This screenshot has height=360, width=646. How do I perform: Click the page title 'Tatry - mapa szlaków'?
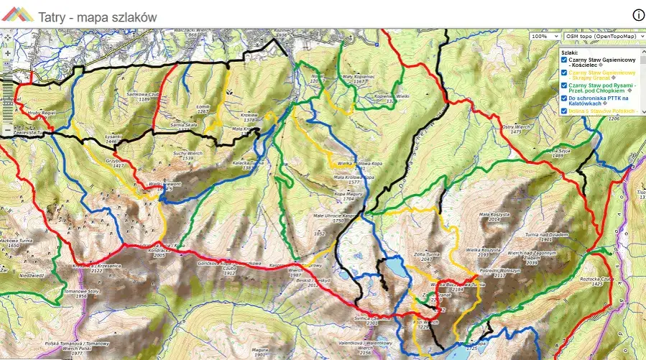(x=97, y=16)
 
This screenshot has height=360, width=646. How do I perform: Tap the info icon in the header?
(x=638, y=15)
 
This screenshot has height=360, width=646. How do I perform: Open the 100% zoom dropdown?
(x=545, y=36)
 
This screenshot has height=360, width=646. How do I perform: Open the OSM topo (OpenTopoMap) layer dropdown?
(x=604, y=36)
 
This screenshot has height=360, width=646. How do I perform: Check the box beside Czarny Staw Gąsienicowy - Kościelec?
(x=564, y=60)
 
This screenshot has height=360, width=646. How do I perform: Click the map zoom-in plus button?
(x=6, y=52)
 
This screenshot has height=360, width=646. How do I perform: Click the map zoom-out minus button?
(x=6, y=130)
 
